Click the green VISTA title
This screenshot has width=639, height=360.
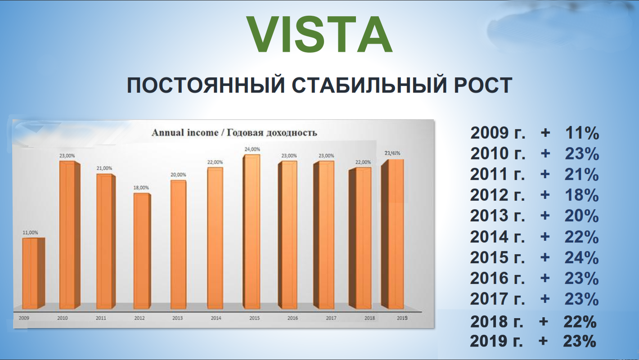click(319, 34)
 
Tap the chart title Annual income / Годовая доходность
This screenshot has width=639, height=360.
click(234, 133)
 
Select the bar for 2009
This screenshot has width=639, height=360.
click(34, 273)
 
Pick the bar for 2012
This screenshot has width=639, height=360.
click(142, 251)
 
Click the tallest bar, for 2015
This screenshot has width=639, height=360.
click(252, 232)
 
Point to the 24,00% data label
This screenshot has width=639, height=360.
click(252, 149)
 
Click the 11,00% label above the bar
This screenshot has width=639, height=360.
click(30, 233)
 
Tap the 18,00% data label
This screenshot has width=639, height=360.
click(141, 188)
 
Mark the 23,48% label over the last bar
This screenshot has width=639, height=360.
click(392, 153)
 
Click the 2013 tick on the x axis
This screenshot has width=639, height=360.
click(177, 318)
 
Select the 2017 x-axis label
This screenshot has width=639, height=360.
click(331, 318)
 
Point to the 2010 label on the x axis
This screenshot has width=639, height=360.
click(62, 318)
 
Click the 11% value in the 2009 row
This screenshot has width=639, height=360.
click(582, 133)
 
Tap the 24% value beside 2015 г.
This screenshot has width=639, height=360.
click(582, 257)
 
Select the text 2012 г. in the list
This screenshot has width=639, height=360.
click(498, 195)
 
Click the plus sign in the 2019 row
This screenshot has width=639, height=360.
click(543, 341)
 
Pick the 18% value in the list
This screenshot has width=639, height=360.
click(582, 195)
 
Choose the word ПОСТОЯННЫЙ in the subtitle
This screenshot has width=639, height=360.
click(206, 85)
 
